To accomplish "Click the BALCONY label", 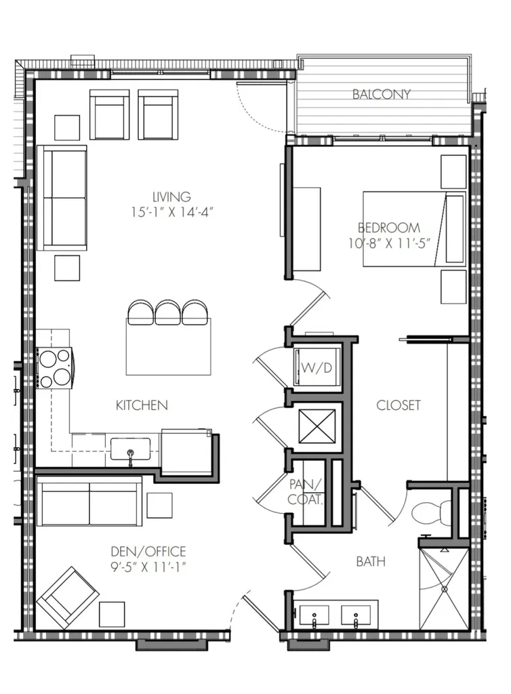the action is (382, 94).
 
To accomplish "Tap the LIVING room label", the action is (171, 197).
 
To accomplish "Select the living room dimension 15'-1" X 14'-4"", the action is (172, 212).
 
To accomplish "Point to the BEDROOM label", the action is (389, 228).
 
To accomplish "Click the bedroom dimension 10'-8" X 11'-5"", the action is (389, 243).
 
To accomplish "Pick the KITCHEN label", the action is (142, 405).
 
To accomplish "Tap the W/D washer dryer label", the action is (316, 367).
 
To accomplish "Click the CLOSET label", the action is (398, 405).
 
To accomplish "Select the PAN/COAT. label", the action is (305, 492).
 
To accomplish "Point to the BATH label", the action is (371, 562).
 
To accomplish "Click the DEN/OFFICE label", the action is (148, 552).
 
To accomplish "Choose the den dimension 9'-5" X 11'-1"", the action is (148, 567).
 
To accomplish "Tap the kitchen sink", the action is (130, 449).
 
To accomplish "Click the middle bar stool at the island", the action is (167, 312).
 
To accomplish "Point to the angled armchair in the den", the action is (68, 598).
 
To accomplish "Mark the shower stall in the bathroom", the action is (444, 589).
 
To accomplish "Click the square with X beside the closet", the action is (317, 426).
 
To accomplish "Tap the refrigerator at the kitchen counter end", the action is (186, 451).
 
